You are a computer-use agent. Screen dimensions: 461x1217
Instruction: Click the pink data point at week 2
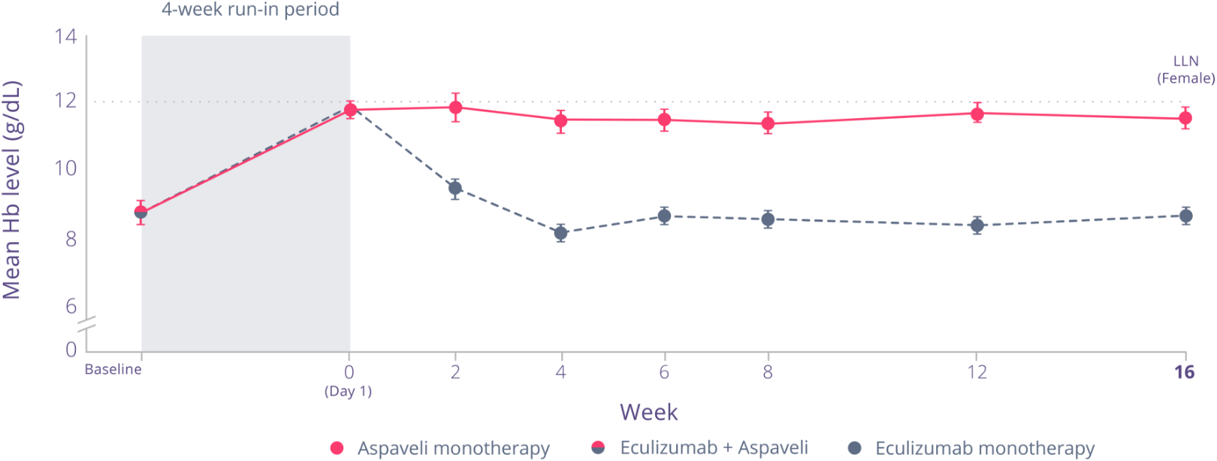(x=455, y=107)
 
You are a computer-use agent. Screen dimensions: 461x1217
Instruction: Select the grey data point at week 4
(x=560, y=233)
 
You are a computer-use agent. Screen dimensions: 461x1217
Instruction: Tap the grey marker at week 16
(x=1185, y=217)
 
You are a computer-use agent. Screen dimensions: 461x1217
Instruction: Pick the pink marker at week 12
(x=977, y=114)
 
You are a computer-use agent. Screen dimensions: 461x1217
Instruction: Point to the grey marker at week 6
(x=664, y=217)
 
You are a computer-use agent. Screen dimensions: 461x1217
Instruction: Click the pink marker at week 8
(x=768, y=123)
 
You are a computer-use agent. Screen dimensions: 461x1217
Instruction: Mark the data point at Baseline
(x=140, y=212)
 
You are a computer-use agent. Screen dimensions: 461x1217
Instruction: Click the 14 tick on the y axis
(x=66, y=36)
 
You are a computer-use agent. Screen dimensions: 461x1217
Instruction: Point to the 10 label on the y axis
(x=66, y=168)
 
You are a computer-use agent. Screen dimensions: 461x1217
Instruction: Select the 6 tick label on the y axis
(x=71, y=306)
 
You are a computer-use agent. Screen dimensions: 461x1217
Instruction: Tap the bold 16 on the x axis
(x=1184, y=372)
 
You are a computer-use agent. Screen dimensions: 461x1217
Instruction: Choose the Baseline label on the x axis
(x=113, y=369)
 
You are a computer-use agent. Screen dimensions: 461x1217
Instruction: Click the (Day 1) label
(x=349, y=391)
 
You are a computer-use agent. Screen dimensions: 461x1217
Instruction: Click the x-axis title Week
(x=648, y=412)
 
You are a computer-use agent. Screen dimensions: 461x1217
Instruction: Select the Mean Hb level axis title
(x=12, y=190)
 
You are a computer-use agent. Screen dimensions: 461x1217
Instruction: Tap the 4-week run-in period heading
(x=250, y=10)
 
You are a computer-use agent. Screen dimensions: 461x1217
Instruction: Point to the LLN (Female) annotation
(x=1185, y=69)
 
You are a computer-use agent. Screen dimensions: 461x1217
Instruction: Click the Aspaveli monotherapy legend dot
(x=337, y=448)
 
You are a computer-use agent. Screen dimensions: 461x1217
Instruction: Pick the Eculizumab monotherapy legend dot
(x=854, y=448)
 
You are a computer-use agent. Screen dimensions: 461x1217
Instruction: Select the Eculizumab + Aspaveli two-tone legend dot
(x=598, y=448)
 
